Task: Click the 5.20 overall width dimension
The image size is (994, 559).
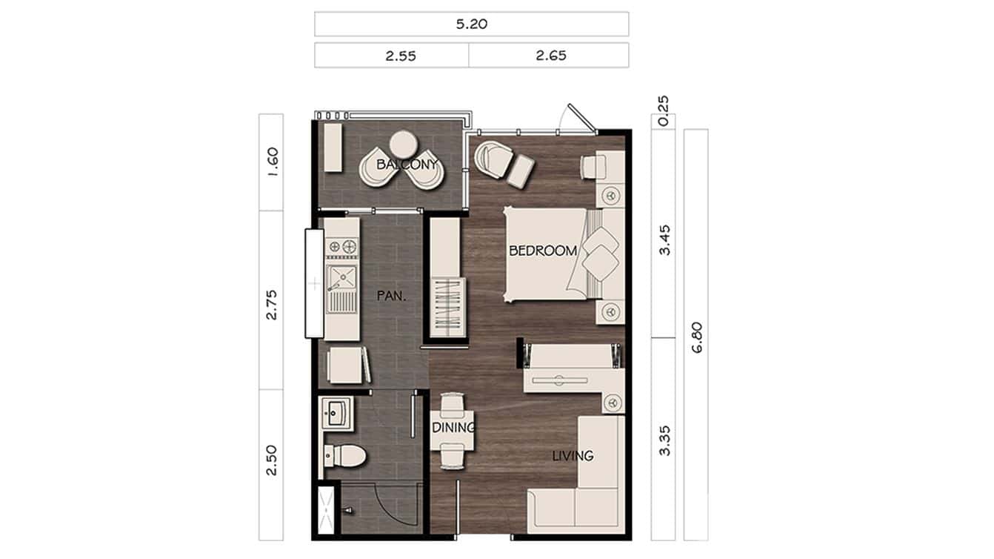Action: coord(471,24)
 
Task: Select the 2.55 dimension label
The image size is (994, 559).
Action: coord(400,55)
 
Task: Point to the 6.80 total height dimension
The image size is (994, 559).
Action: coord(696,335)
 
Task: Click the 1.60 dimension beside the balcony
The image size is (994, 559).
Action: coord(271,162)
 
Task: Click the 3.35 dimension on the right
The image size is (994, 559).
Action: coord(664,440)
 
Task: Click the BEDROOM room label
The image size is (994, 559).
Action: coord(543,251)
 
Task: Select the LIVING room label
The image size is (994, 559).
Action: coord(573,455)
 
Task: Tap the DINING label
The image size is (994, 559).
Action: coord(453,428)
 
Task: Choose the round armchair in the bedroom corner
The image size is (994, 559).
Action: coord(490,158)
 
